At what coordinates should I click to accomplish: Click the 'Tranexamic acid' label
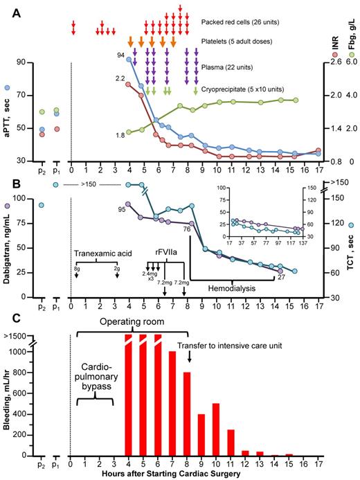pyautogui.click(x=100, y=253)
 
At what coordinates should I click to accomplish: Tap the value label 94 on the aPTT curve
pyautogui.click(x=120, y=54)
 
